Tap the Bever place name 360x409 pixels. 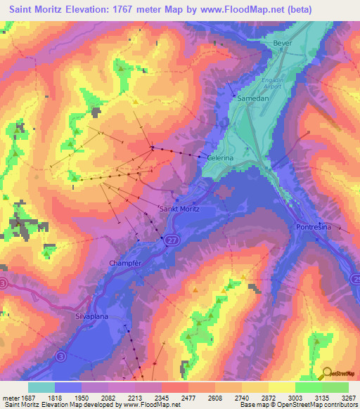point(281,43)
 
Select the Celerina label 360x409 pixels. point(220,158)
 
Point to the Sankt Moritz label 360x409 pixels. point(178,209)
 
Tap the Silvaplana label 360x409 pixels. point(90,316)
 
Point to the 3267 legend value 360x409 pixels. point(348,397)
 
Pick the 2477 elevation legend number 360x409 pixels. point(188,397)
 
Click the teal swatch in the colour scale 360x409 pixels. point(41,387)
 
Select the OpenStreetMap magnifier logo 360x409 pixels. point(328,375)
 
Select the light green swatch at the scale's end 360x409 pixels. point(335,387)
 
